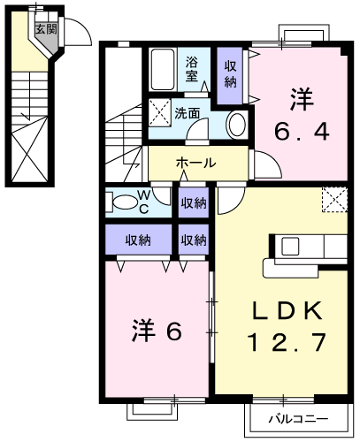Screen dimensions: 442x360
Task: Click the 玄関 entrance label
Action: pyautogui.click(x=45, y=29)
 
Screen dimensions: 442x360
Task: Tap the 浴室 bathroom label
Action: pyautogui.click(x=192, y=70)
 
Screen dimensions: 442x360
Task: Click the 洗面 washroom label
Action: pyautogui.click(x=186, y=113)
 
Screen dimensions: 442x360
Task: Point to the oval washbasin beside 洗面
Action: pyautogui.click(x=236, y=126)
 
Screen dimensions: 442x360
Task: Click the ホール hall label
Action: pyautogui.click(x=194, y=164)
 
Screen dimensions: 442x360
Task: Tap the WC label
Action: pyautogui.click(x=143, y=201)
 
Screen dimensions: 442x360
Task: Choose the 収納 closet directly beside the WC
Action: pyautogui.click(x=194, y=202)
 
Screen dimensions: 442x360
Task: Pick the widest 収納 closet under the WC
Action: pyautogui.click(x=137, y=239)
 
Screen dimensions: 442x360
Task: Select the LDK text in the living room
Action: pyautogui.click(x=284, y=310)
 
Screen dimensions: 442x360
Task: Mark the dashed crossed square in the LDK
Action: pyautogui.click(x=333, y=200)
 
